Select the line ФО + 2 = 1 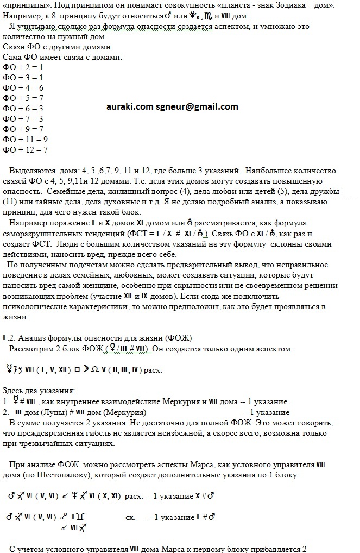click(23, 67)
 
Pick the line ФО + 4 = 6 click(23, 87)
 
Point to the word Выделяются click(32, 170)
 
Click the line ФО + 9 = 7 click(23, 129)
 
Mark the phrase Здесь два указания click(39, 391)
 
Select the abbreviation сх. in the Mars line click(130, 517)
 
